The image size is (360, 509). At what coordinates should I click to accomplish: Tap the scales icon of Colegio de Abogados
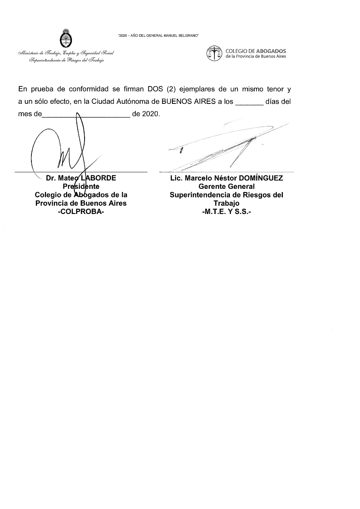pyautogui.click(x=214, y=53)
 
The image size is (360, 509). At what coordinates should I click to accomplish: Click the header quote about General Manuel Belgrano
pyautogui.click(x=158, y=36)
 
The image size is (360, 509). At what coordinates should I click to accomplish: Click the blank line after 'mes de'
pyautogui.click(x=86, y=116)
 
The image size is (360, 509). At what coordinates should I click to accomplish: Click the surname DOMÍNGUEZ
pyautogui.click(x=261, y=178)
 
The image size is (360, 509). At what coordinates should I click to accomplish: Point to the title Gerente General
pyautogui.click(x=227, y=186)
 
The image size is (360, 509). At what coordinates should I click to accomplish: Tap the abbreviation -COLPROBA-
pyautogui.click(x=81, y=211)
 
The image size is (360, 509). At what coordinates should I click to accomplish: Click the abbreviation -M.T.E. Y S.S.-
pyautogui.click(x=226, y=211)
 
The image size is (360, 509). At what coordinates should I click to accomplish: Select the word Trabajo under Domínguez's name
pyautogui.click(x=226, y=203)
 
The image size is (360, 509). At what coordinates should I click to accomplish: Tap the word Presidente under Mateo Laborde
pyautogui.click(x=81, y=186)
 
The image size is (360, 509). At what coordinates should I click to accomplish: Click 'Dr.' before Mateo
pyautogui.click(x=50, y=178)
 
